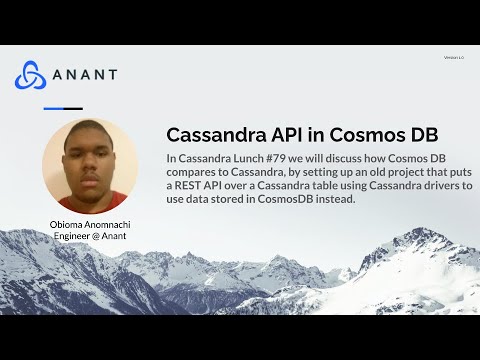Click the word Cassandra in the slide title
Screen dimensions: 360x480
pyautogui.click(x=210, y=135)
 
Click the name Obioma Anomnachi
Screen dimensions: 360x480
pyautogui.click(x=90, y=225)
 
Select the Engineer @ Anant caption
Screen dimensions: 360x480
pyautogui.click(x=90, y=236)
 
